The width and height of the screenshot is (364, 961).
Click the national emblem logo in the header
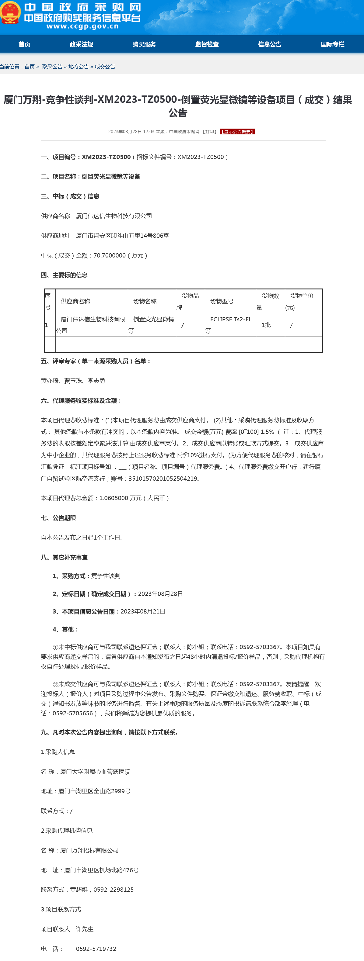click(x=10, y=13)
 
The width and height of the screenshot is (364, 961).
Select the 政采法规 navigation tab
click(x=81, y=44)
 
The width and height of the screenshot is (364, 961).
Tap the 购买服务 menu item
click(x=144, y=44)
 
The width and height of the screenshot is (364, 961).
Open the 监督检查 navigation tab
click(x=207, y=44)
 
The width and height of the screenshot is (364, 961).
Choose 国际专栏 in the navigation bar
click(x=332, y=44)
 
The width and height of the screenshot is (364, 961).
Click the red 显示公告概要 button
click(x=237, y=132)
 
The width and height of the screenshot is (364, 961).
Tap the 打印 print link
click(x=210, y=132)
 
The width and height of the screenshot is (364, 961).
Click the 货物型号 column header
click(x=222, y=301)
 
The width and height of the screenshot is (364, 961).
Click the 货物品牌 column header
click(x=190, y=296)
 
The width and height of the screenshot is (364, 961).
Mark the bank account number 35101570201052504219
click(x=163, y=479)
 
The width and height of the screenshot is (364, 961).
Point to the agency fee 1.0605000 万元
click(x=120, y=498)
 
